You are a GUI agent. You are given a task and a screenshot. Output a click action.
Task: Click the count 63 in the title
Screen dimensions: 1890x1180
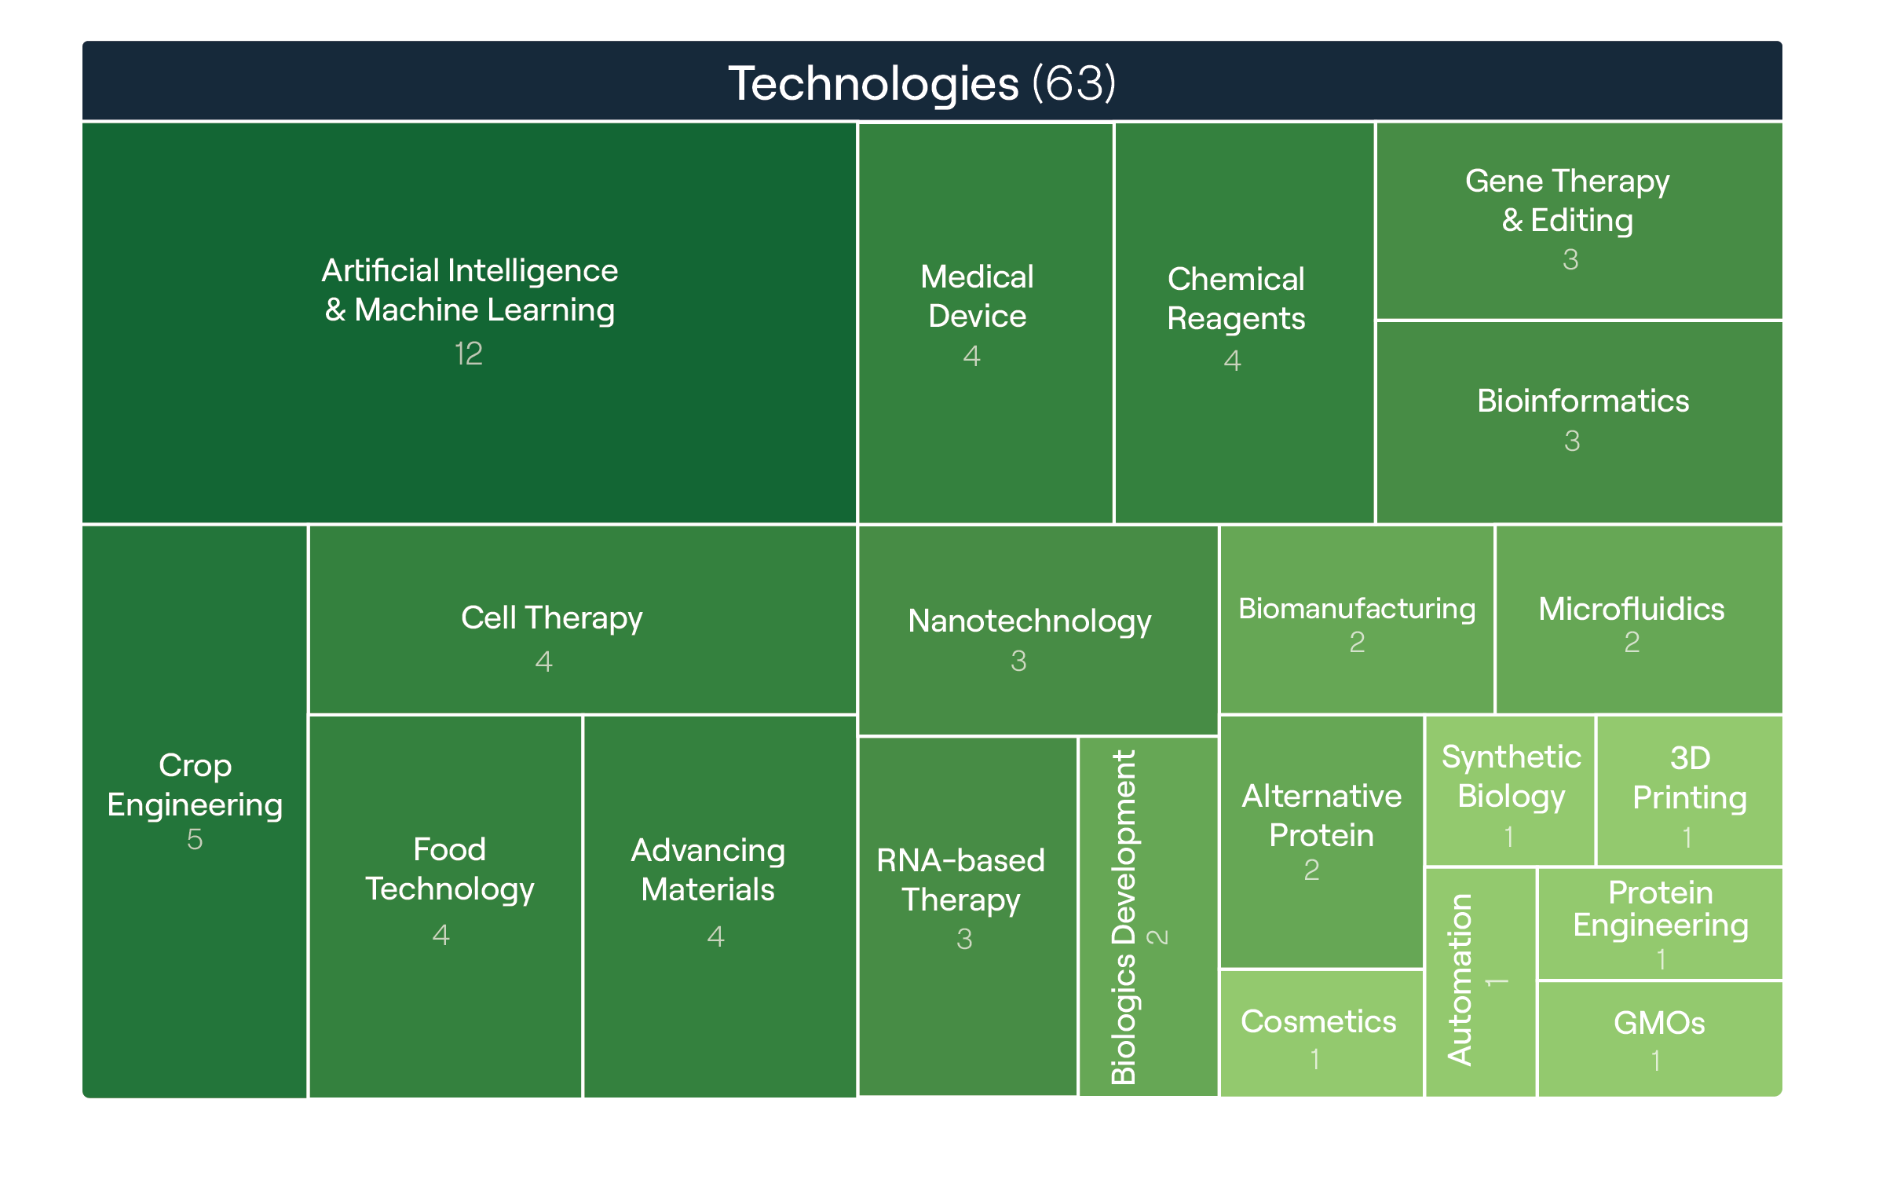1073,83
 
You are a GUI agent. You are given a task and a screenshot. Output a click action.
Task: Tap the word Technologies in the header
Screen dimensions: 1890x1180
872,83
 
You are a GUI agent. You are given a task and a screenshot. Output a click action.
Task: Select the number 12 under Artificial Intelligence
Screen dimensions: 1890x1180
469,354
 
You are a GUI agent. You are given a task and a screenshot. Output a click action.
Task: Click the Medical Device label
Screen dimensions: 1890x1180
977,296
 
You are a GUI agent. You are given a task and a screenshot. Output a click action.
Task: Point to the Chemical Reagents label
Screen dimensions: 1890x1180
1236,299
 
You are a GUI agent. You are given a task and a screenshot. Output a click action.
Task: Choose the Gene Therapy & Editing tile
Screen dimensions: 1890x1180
1578,220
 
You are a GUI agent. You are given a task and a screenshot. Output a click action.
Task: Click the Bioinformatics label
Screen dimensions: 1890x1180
1582,401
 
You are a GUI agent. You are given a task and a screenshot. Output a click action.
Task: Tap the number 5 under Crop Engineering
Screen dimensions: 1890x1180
195,839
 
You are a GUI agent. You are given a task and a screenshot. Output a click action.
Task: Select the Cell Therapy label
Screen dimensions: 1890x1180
551,618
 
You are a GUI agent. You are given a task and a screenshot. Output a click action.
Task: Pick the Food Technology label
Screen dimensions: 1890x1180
449,869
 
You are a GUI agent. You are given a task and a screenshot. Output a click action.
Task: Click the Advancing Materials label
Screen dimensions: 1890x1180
707,870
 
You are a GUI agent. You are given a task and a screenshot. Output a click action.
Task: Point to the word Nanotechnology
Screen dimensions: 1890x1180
1029,621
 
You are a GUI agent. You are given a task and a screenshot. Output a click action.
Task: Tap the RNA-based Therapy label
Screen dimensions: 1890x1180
960,880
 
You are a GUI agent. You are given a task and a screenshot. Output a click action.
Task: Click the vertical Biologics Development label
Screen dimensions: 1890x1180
1124,917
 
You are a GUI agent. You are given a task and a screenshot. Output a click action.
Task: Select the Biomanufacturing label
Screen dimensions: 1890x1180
1356,609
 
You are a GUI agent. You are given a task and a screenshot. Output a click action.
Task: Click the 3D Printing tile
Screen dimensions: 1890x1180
1689,790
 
